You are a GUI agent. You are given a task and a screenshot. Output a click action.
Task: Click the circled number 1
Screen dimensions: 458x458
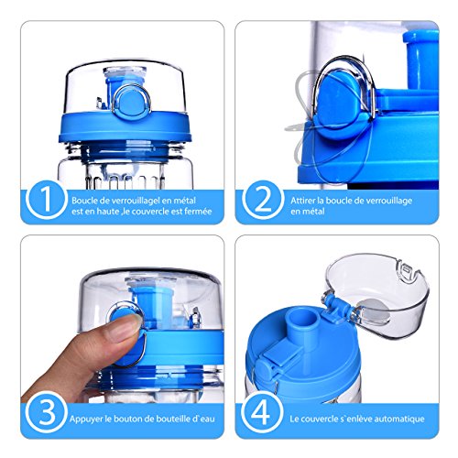tap(46, 200)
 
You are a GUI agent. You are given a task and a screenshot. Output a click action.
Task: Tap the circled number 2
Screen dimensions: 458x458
tap(262, 200)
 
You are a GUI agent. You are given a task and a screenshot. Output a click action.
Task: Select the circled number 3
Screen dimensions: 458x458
tap(47, 413)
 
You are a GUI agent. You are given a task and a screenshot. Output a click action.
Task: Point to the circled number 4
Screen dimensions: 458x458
tap(262, 413)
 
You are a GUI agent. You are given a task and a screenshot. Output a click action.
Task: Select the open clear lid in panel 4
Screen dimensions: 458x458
tap(377, 293)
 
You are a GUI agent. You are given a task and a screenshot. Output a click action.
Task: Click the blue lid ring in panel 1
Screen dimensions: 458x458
tap(125, 128)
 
